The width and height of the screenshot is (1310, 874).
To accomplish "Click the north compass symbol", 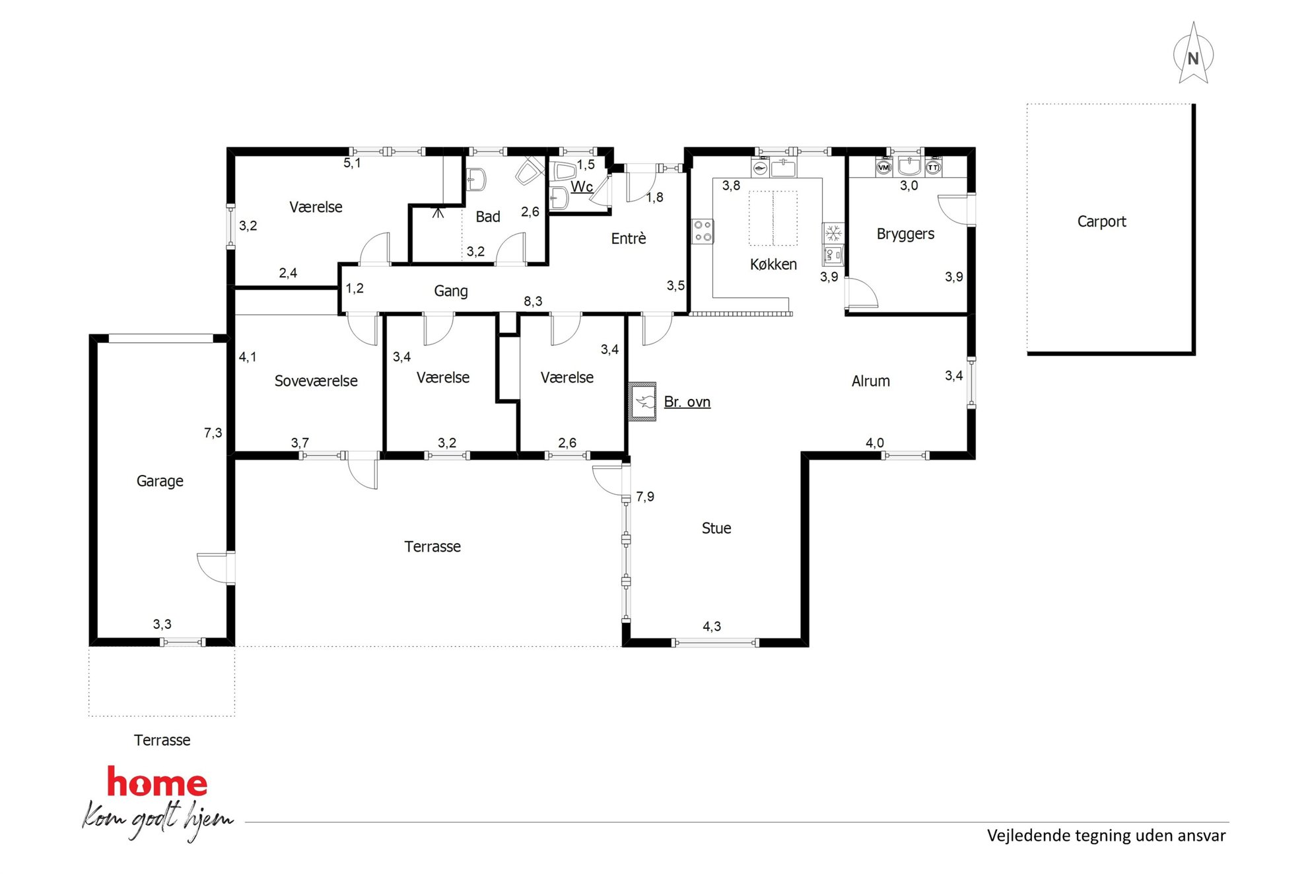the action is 1193,55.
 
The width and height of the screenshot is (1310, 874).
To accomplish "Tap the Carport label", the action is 1101,222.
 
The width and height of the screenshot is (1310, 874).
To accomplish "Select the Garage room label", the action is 160,482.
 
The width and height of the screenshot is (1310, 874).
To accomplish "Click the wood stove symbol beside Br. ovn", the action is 642,401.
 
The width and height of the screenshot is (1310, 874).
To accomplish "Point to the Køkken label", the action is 773,264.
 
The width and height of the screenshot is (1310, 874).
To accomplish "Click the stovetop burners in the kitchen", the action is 703,231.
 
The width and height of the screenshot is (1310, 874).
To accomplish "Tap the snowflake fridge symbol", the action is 833,233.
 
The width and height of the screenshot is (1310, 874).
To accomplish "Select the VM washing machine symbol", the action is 884,168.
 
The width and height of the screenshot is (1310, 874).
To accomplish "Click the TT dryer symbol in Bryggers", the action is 932,168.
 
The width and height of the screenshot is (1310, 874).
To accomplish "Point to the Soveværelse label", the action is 316,381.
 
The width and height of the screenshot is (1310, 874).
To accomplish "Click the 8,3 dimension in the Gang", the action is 533,301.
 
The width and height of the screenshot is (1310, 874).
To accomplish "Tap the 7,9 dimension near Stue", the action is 645,496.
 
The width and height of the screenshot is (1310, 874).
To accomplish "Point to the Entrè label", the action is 628,238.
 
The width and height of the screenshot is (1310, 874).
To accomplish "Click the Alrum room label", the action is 870,381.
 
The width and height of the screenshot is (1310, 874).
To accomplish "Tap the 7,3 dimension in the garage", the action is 213,433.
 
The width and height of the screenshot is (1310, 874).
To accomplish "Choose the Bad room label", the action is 488,217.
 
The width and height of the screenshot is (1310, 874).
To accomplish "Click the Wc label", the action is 582,187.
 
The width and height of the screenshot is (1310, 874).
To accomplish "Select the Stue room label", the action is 716,528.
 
